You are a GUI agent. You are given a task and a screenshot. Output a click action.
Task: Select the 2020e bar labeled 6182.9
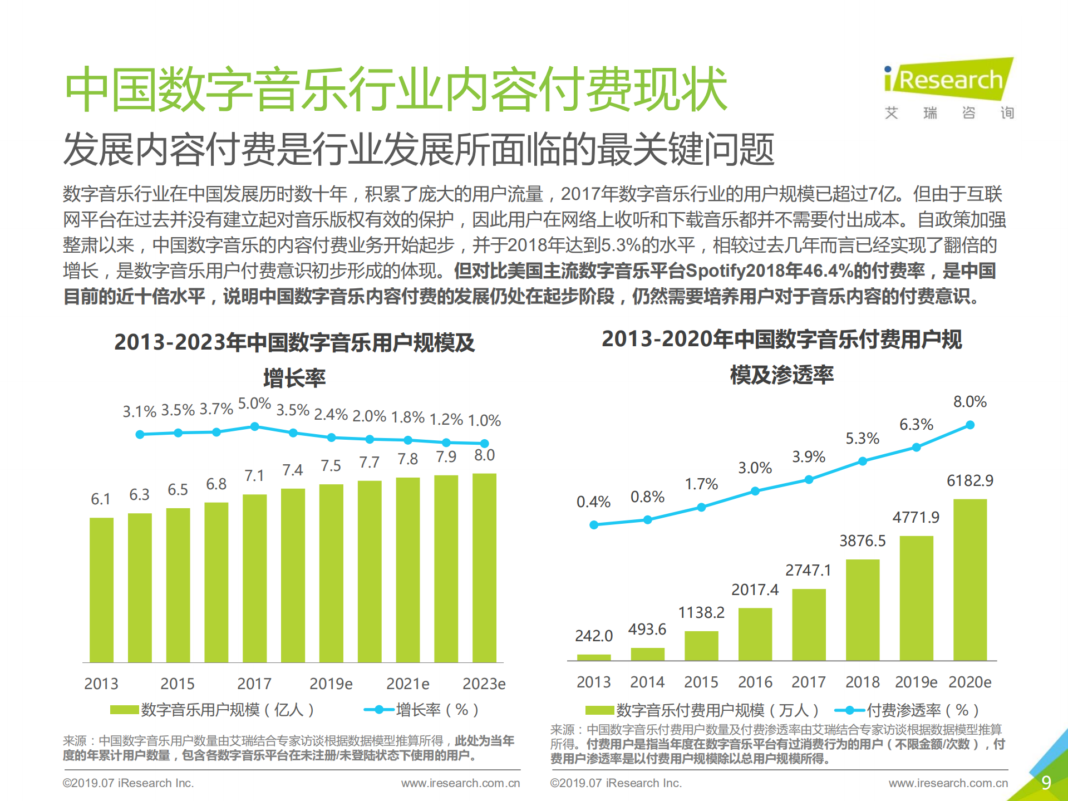[969, 579]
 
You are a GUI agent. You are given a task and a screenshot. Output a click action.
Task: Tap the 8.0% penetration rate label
[969, 402]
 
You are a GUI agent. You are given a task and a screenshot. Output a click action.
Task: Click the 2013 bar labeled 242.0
[593, 657]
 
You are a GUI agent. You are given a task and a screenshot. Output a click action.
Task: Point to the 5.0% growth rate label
[254, 404]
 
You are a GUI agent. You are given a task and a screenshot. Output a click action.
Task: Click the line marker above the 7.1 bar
[254, 426]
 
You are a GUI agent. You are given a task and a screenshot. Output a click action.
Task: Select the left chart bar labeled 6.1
[101, 590]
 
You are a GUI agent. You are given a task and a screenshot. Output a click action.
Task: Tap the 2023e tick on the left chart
[484, 684]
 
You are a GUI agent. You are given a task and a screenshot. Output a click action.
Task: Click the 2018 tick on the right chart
[862, 682]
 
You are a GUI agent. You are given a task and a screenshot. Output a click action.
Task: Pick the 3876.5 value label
[862, 540]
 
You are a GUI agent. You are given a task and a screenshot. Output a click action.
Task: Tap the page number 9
[1046, 783]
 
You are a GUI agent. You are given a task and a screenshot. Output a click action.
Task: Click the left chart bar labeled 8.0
[484, 568]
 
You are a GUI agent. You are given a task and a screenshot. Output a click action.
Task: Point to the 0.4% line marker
[594, 525]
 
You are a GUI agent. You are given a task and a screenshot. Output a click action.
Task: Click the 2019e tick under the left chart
[331, 684]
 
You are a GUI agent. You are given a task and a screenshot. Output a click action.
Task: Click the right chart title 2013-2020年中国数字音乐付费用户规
[781, 339]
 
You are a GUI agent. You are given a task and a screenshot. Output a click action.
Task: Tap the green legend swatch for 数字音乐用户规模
[124, 710]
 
